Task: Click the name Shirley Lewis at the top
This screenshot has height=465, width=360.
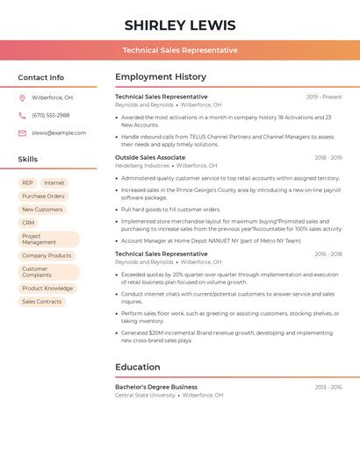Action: coord(179,25)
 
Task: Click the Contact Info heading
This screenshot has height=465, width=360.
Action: coord(40,77)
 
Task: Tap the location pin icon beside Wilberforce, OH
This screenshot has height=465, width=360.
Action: coord(22,97)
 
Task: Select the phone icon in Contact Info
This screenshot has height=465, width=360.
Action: coord(22,115)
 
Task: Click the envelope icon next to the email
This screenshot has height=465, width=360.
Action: coord(22,132)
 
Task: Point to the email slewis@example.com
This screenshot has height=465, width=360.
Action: coord(59,132)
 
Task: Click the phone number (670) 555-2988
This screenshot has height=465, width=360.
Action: coord(50,115)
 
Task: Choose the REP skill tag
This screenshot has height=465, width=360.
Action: coord(28,182)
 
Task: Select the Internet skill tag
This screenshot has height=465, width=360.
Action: coord(54,182)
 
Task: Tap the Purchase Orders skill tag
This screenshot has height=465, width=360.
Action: coord(43,196)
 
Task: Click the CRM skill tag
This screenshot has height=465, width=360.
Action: coord(28,223)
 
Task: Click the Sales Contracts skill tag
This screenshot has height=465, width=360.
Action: coord(42,302)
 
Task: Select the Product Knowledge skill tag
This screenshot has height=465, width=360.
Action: coord(47,288)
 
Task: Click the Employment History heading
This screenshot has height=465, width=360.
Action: coord(160,77)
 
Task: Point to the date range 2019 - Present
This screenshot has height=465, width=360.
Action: coord(324,97)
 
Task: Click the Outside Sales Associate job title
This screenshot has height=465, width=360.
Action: coord(150,158)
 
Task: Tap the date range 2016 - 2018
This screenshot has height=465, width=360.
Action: coord(328,254)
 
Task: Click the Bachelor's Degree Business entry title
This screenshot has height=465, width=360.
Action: coord(156,387)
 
